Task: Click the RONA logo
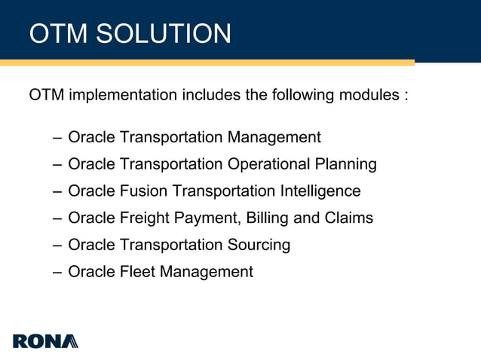point(45,340)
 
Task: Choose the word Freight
point(146,218)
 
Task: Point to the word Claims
point(348,218)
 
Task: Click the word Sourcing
point(259,246)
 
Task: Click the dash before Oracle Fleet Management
point(58,272)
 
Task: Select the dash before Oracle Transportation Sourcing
point(58,246)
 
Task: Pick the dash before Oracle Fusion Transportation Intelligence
point(58,191)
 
